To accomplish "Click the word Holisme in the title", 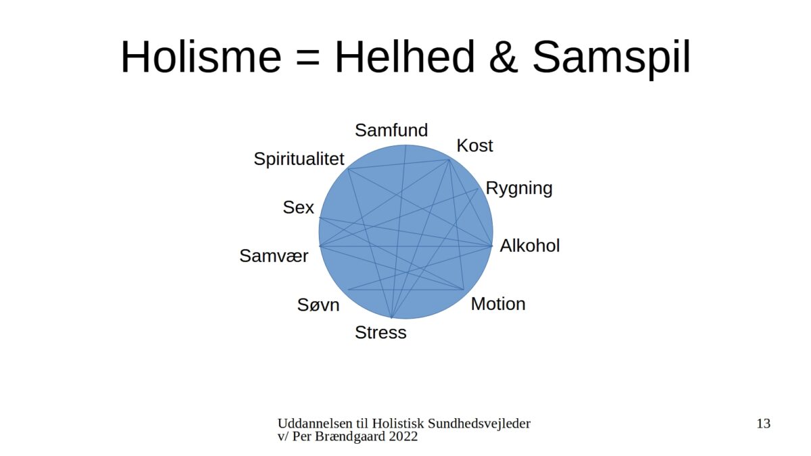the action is pyautogui.click(x=201, y=57).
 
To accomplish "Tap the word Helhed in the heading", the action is pyautogui.click(x=404, y=57).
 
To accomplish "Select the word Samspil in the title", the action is pyautogui.click(x=612, y=59).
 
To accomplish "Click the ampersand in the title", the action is pyautogui.click(x=503, y=57).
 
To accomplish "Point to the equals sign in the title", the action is pyautogui.click(x=308, y=59).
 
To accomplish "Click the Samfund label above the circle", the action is pyautogui.click(x=391, y=130).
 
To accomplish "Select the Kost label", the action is pyautogui.click(x=474, y=145).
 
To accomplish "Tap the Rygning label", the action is pyautogui.click(x=519, y=188).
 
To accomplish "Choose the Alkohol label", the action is pyautogui.click(x=530, y=246).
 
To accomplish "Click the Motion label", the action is pyautogui.click(x=498, y=303).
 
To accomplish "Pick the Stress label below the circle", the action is pyautogui.click(x=380, y=332).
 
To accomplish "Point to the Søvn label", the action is pyautogui.click(x=318, y=305).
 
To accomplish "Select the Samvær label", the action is pyautogui.click(x=274, y=256).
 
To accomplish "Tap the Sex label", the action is pyautogui.click(x=298, y=207).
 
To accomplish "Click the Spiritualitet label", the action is pyautogui.click(x=299, y=159).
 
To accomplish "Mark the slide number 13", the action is pyautogui.click(x=764, y=424).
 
